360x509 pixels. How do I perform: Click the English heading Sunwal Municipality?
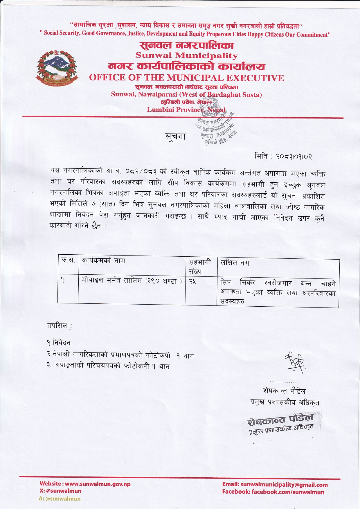point(186,55)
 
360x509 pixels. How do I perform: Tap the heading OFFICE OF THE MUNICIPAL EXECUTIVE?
point(186,78)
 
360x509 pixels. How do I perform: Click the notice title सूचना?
point(175,136)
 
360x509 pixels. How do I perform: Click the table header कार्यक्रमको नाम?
point(104,260)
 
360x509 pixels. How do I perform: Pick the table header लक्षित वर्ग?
point(235,263)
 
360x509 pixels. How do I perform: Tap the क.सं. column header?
point(68,260)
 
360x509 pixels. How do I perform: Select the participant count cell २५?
point(193,281)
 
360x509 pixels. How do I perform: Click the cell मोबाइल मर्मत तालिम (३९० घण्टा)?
point(132,281)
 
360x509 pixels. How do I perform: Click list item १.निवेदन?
point(59,343)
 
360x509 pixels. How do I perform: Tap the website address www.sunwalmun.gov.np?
point(98,484)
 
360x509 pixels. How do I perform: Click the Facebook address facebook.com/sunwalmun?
point(287,492)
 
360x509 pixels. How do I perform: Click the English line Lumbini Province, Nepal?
point(186,110)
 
